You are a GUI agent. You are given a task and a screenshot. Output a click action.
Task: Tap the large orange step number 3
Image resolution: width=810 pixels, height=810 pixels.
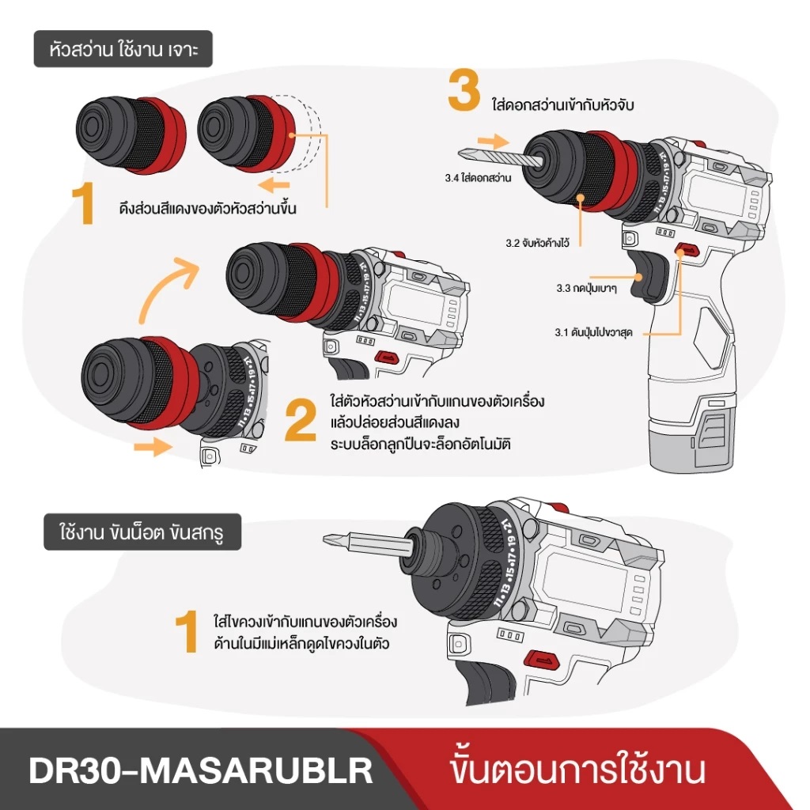(x=464, y=92)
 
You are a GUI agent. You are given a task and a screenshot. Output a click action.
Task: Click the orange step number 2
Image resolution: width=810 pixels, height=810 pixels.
(x=301, y=422)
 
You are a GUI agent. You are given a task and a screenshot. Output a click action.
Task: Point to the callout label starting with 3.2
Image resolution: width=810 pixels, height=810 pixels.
(x=539, y=243)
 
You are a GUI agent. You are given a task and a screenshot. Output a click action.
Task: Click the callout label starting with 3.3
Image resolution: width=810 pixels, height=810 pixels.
(x=586, y=288)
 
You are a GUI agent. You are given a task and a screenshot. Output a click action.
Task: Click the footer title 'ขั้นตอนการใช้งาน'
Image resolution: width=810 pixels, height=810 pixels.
(x=576, y=770)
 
